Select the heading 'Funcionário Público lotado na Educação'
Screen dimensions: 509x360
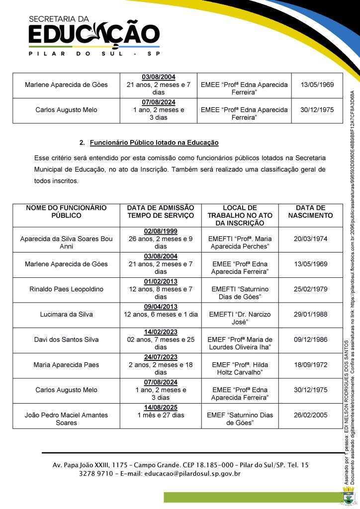pyautogui.click(x=154, y=143)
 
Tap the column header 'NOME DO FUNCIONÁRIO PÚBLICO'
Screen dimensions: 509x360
pyautogui.click(x=66, y=212)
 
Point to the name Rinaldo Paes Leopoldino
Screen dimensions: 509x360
pyautogui.click(x=66, y=289)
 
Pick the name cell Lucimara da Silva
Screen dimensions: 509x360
pyautogui.click(x=66, y=314)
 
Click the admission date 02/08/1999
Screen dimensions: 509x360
pyautogui.click(x=161, y=231)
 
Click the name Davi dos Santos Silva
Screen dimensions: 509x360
pyautogui.click(x=66, y=339)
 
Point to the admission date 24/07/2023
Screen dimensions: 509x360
pyautogui.click(x=161, y=357)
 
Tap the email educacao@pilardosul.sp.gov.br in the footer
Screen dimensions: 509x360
pyautogui.click(x=192, y=474)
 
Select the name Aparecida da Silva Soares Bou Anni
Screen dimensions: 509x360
pyautogui.click(x=66, y=242)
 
